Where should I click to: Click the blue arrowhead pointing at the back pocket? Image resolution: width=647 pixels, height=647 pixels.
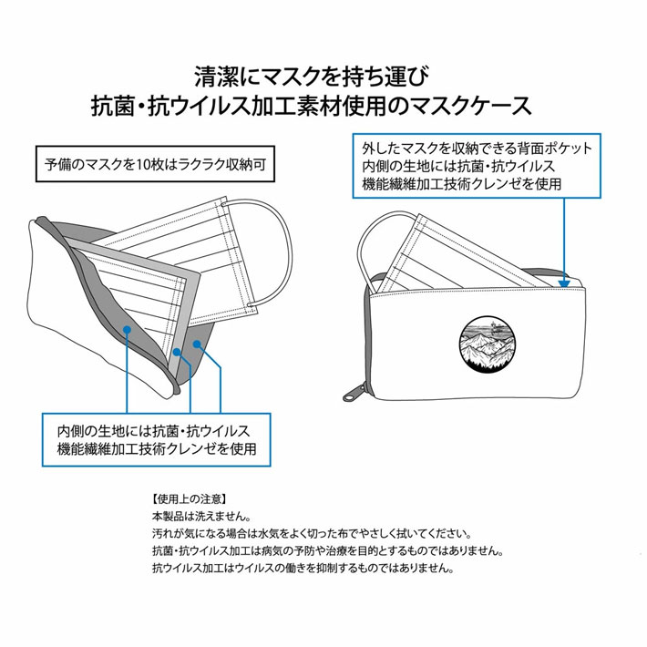point(564,283)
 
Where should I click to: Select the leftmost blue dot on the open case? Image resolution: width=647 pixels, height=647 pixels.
point(128,329)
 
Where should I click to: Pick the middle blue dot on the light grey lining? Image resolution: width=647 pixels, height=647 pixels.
point(177,352)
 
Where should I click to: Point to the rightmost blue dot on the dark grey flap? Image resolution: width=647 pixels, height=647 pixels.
point(197,344)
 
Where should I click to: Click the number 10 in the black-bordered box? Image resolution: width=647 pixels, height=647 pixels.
point(142,165)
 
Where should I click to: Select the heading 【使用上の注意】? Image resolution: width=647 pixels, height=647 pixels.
point(190,499)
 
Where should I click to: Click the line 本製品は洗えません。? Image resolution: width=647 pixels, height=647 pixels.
point(201,516)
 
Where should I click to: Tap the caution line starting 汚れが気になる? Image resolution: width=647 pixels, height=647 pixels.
point(312,533)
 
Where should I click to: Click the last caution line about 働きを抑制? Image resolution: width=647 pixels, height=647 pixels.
point(303,569)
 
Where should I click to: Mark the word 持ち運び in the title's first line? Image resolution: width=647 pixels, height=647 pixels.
point(385,77)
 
